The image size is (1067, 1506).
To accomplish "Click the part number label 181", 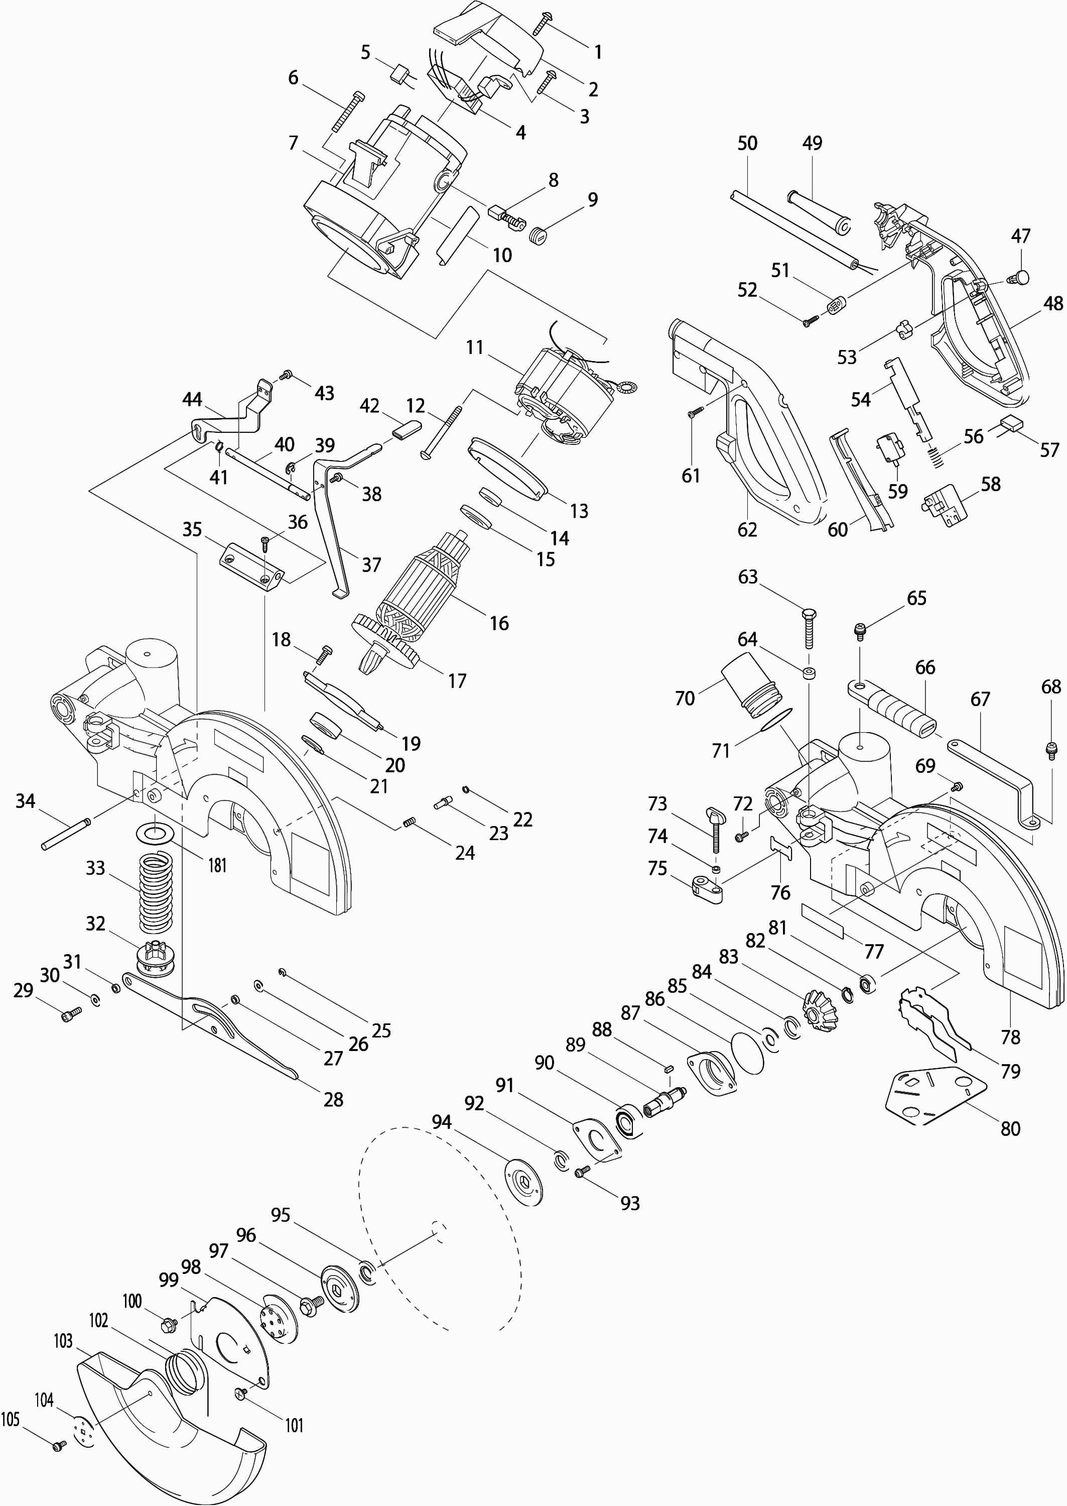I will [217, 865].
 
